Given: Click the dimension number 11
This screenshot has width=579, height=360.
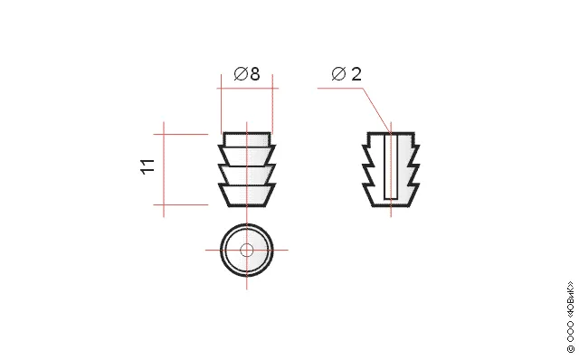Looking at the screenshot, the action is [x=147, y=166].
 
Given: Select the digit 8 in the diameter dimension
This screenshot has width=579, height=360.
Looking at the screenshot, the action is [x=255, y=73].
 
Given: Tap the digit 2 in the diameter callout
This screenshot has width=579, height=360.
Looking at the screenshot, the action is [x=356, y=74].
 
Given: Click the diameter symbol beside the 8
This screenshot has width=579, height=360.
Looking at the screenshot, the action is [x=241, y=73].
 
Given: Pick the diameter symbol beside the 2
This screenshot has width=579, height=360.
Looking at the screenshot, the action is [x=338, y=74].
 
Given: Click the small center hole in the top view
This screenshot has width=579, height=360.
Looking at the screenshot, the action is [x=247, y=250].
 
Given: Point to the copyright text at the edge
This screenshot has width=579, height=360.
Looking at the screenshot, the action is [x=571, y=317].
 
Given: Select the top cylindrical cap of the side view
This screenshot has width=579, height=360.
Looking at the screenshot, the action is [x=247, y=138].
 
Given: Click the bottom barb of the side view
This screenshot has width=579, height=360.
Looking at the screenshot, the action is [x=247, y=194].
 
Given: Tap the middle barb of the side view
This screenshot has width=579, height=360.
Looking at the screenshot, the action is [x=247, y=175].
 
